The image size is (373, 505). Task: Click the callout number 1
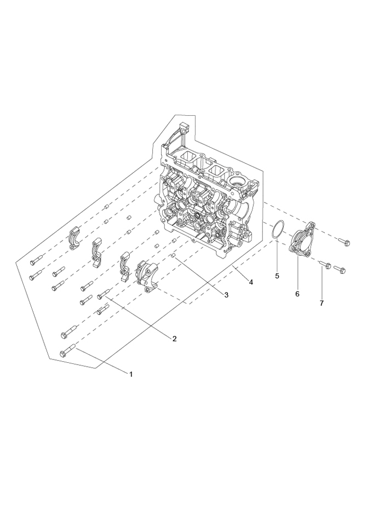(x=131, y=374)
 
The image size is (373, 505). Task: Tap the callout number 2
(x=174, y=339)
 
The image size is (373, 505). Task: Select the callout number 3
(x=226, y=295)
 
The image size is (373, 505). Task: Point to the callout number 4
(x=251, y=282)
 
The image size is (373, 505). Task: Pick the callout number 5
(x=277, y=276)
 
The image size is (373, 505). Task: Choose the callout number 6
(x=297, y=294)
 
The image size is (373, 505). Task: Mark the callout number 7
(x=322, y=303)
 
